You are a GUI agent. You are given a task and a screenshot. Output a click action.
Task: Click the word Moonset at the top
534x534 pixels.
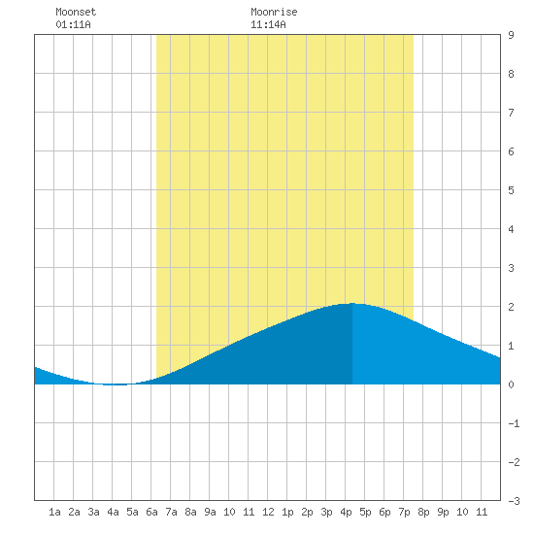pyautogui.click(x=76, y=12)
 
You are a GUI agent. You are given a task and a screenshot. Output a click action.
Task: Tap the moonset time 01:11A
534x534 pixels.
pyautogui.click(x=73, y=24)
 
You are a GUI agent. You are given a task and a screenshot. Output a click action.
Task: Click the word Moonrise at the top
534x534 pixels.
pyautogui.click(x=274, y=12)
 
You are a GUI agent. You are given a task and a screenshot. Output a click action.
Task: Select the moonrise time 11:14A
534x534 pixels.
pyautogui.click(x=268, y=24)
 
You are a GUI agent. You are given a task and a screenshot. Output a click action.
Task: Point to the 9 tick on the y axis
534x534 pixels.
pyautogui.click(x=511, y=35)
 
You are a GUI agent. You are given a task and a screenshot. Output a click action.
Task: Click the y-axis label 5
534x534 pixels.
pyautogui.click(x=511, y=190)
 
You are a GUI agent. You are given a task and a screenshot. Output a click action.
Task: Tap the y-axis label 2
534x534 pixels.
pyautogui.click(x=511, y=307)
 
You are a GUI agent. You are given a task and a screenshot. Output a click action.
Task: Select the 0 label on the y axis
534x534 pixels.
pyautogui.click(x=511, y=384)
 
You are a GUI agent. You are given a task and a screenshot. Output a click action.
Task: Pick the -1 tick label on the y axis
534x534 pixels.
pyautogui.click(x=514, y=423)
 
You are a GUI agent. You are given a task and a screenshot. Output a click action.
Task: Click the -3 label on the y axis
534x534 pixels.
pyautogui.click(x=514, y=501)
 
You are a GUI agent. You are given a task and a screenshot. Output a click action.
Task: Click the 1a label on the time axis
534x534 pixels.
pyautogui.click(x=54, y=512)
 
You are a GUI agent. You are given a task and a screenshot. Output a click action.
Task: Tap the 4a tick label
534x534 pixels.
pyautogui.click(x=113, y=512)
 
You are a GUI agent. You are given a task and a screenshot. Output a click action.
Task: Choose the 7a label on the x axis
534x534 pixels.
pyautogui.click(x=171, y=512)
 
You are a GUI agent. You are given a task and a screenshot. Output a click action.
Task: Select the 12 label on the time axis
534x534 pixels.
pyautogui.click(x=268, y=512)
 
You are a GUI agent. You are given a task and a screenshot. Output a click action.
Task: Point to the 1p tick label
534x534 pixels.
pyautogui.click(x=287, y=512)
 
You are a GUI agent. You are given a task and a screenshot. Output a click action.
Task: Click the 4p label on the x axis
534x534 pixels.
pyautogui.click(x=346, y=512)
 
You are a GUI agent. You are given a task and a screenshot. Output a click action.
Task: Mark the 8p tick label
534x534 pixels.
pyautogui.click(x=423, y=512)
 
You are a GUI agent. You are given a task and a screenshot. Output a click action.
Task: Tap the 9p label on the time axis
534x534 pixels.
pyautogui.click(x=443, y=512)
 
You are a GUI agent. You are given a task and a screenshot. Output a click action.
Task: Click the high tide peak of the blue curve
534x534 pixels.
pyautogui.click(x=352, y=303)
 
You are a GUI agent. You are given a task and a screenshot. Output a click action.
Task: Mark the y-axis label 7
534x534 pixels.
pyautogui.click(x=511, y=113)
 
